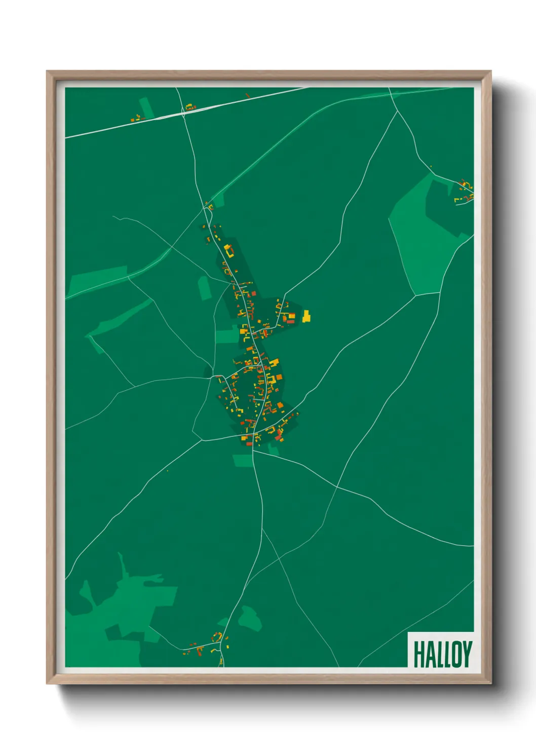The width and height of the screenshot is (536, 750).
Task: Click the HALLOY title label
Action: [x=442, y=654]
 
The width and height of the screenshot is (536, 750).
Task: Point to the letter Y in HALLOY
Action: [x=467, y=654]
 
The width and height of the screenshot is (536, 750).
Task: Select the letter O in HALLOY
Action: [x=456, y=654]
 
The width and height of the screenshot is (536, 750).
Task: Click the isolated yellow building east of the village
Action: [x=306, y=317]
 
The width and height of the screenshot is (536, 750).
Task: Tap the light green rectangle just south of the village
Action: [x=242, y=460]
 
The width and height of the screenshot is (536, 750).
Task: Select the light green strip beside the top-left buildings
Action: [x=145, y=107]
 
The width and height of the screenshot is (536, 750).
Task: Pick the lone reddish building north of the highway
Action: [x=247, y=95]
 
